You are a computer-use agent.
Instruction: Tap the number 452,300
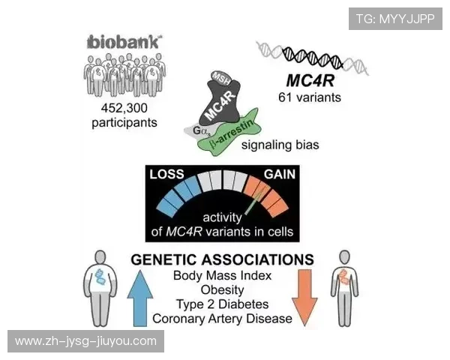click(121, 107)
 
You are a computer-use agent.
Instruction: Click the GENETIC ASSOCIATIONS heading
click(222, 259)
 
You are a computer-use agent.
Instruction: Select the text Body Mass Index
click(222, 275)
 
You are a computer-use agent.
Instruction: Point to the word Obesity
click(222, 289)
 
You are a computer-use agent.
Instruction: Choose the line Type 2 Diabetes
click(222, 304)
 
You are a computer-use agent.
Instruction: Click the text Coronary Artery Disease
click(222, 319)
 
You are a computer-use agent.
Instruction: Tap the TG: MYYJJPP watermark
click(394, 19)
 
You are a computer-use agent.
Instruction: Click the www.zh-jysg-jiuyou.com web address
click(86, 341)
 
